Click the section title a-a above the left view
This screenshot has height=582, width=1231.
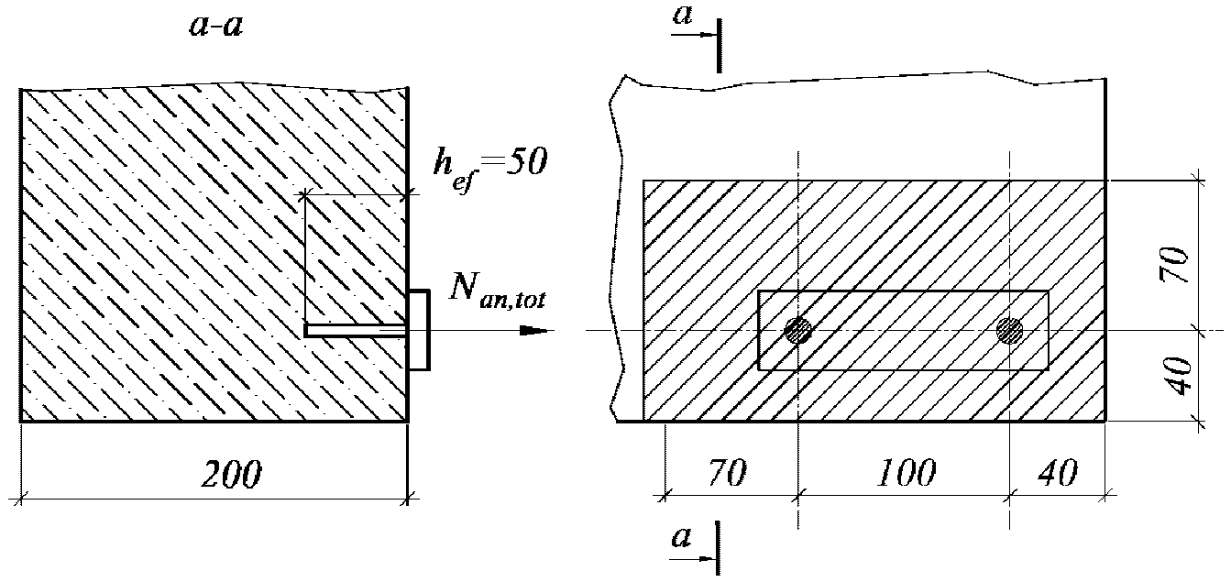[216, 27]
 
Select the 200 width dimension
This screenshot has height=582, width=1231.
[230, 474]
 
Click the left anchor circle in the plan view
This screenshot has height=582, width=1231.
[798, 330]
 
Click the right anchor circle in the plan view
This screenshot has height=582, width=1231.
[1010, 330]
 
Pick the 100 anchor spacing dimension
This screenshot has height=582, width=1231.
[905, 474]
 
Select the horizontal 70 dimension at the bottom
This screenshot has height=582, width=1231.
[730, 474]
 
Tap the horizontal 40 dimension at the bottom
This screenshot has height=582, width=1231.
[1057, 474]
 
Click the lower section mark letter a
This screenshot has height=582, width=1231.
[680, 537]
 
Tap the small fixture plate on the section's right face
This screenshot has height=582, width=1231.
[419, 330]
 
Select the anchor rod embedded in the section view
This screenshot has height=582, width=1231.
[356, 330]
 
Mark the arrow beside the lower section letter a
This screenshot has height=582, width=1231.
[695, 556]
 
